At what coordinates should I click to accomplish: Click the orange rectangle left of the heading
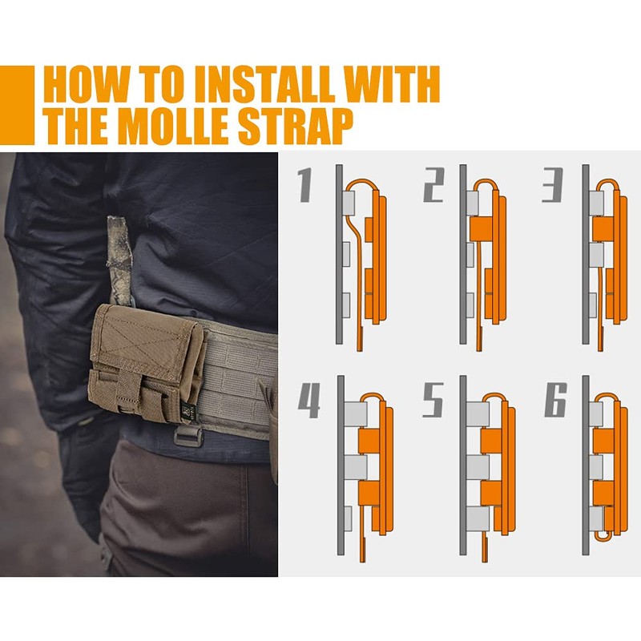coord(17,105)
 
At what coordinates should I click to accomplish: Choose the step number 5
coord(433,401)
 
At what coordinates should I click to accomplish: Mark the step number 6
coord(555,401)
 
